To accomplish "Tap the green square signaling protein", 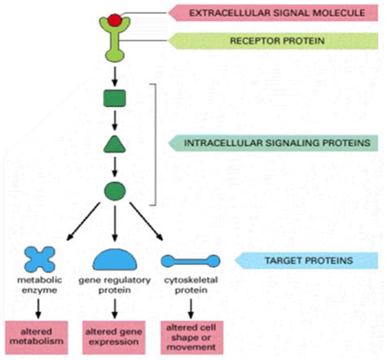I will (115, 99).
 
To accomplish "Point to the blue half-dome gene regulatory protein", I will (116, 259).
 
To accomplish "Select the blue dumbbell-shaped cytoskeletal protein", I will (190, 261).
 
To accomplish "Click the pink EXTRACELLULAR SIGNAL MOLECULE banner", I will (272, 13).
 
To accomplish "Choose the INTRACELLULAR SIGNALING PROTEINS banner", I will (272, 143).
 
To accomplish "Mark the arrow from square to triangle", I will (115, 123).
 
